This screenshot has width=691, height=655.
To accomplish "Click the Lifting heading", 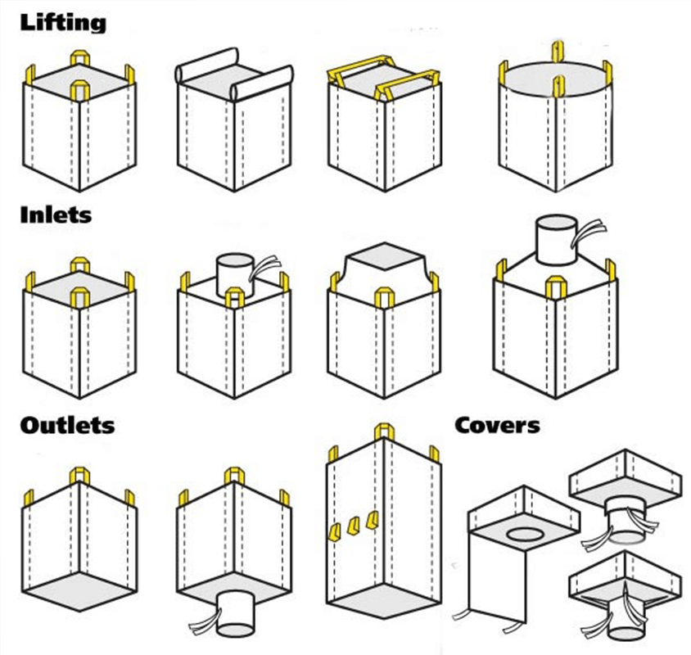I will [63, 22].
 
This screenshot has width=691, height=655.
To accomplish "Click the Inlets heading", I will [56, 216].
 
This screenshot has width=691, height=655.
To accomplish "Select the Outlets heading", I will [67, 425].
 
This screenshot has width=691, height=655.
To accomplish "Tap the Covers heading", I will [498, 425].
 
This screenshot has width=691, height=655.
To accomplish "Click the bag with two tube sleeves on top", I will [234, 123].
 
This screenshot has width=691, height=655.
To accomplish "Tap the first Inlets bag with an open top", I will [79, 327].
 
